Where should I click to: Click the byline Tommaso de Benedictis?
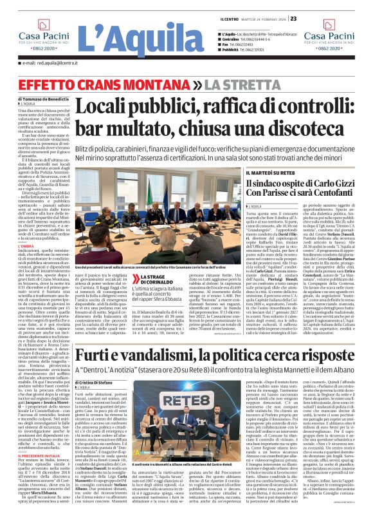tap(47, 99)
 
